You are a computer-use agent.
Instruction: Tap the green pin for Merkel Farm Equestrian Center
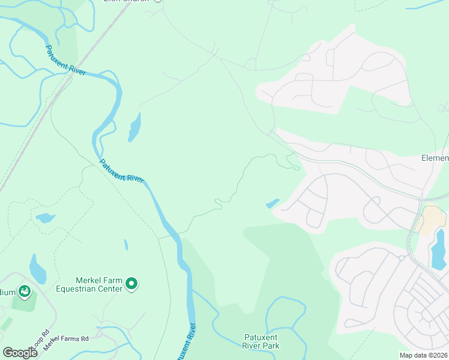pyautogui.click(x=133, y=284)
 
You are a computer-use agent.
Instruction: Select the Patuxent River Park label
pyautogui.click(x=262, y=341)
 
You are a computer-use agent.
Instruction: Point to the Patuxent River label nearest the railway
pyautogui.click(x=66, y=61)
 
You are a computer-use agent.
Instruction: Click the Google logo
pyautogui.click(x=20, y=352)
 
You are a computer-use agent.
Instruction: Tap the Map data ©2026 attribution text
pyautogui.click(x=423, y=355)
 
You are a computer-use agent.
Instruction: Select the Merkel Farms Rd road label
pyautogui.click(x=65, y=339)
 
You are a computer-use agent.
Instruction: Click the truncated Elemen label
pyautogui.click(x=435, y=158)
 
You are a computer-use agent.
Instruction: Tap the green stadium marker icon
pyautogui.click(x=25, y=292)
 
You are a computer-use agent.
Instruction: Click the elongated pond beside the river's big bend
pyautogui.click(x=134, y=128)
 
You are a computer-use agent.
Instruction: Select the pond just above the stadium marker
pyautogui.click(x=37, y=271)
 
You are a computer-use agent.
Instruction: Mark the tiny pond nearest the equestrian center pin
pyautogui.click(x=125, y=245)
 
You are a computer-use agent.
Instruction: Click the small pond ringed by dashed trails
pyautogui.click(x=45, y=218)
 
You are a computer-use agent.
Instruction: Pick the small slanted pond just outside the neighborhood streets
pyautogui.click(x=273, y=203)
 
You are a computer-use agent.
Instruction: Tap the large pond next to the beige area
pyautogui.click(x=439, y=250)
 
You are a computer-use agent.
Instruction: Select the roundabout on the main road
pyautogui.click(x=400, y=258)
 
